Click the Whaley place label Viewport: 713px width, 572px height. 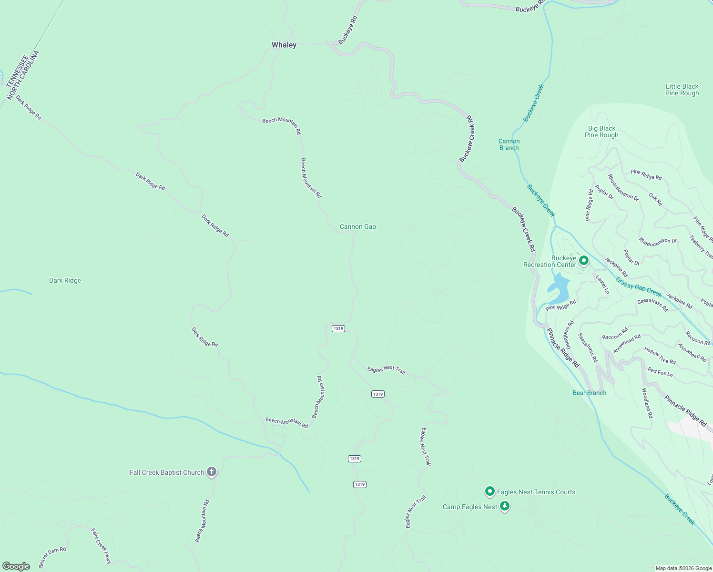point(284,45)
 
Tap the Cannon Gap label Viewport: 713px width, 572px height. point(357,227)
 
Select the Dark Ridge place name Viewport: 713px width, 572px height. point(65,281)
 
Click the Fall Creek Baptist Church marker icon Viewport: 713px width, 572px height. point(212,472)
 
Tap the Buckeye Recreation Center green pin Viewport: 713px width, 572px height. point(583,261)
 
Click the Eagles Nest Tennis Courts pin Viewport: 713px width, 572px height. point(489,491)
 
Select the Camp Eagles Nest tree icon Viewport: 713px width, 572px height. point(505,506)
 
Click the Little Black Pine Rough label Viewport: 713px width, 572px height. point(682,90)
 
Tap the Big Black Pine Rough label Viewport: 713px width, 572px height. point(601,132)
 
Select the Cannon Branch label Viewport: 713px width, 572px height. point(509,144)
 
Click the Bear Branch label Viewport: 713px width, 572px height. point(590,393)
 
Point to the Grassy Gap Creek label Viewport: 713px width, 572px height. point(639,287)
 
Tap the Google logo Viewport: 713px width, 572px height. point(16,566)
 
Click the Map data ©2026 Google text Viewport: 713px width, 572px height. point(683,568)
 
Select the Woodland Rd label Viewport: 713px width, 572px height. point(647,403)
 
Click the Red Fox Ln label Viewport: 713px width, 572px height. point(660,372)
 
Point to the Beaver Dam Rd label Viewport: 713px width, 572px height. point(52,557)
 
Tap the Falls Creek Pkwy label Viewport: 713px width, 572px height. point(101,546)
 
